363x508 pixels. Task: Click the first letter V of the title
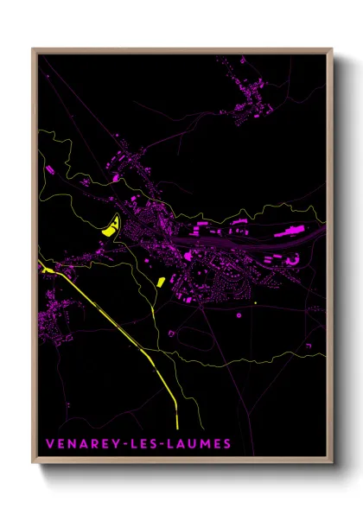click(49, 444)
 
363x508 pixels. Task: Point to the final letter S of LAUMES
click(227, 444)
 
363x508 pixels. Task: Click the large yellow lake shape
click(110, 227)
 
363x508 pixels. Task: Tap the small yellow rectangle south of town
click(160, 282)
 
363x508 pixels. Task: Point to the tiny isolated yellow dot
click(255, 303)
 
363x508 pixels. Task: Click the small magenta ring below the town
click(239, 315)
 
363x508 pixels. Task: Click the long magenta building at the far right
click(290, 232)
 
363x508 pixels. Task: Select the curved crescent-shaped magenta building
click(293, 259)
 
